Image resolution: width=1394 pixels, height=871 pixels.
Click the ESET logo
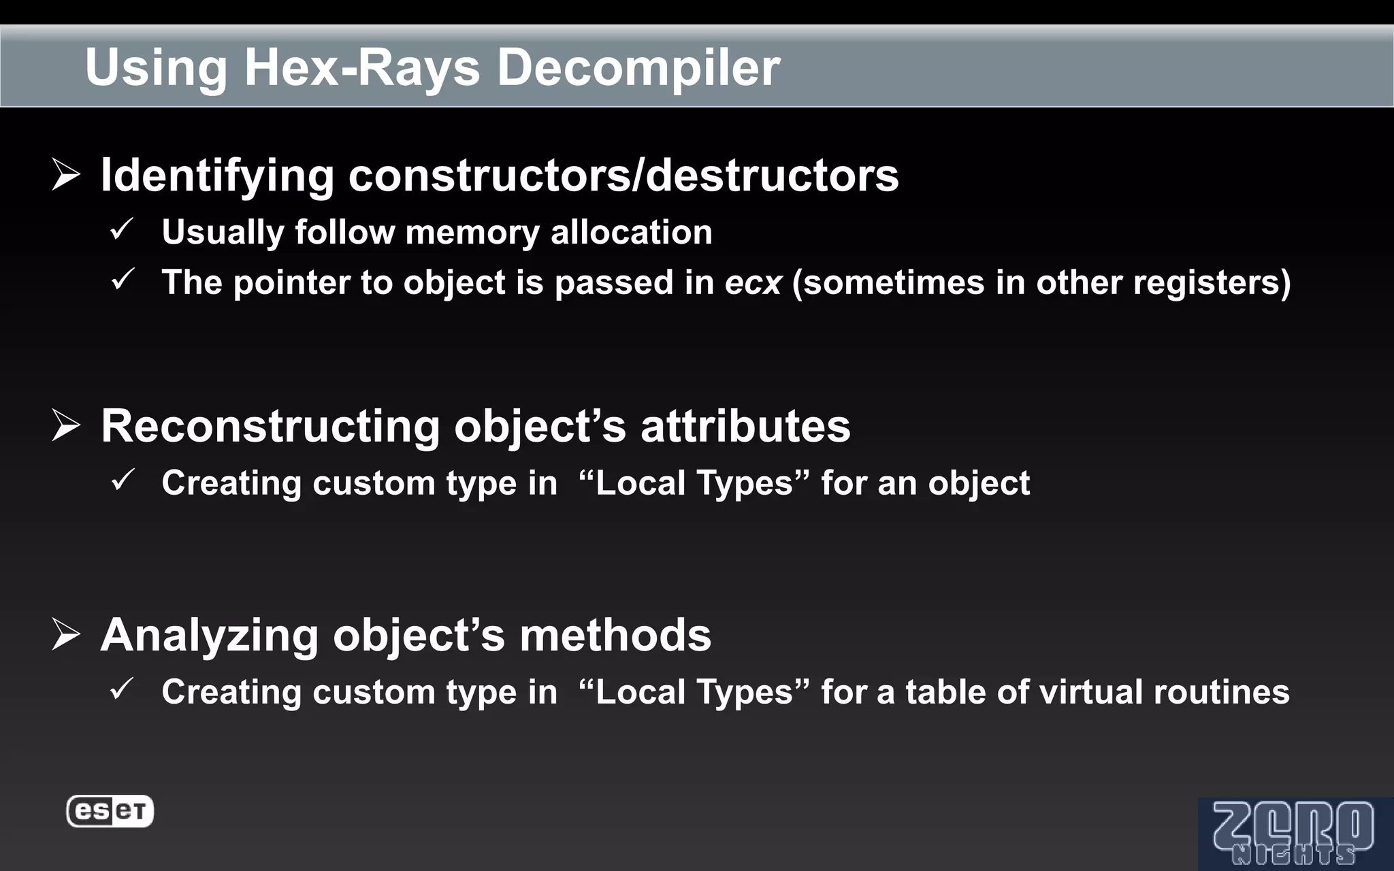pos(110,811)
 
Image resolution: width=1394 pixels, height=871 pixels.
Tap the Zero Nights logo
pos(1293,834)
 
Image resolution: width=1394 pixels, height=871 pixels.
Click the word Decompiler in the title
pos(638,67)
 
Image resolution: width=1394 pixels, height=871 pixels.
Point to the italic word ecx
pos(753,282)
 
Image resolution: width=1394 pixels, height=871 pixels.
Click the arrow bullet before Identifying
pos(66,175)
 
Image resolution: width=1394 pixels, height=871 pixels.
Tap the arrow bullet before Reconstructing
pos(66,426)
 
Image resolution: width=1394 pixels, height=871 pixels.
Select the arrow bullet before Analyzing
pos(66,635)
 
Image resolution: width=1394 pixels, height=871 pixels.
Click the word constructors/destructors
pos(623,175)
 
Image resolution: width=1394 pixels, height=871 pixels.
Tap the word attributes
pos(745,426)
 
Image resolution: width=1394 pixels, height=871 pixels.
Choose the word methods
pos(615,635)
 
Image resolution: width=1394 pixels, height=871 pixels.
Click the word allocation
pos(631,232)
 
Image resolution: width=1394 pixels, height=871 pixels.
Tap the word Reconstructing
pos(270,426)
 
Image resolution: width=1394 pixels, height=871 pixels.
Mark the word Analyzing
pos(209,635)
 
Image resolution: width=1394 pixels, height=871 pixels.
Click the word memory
pos(472,232)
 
